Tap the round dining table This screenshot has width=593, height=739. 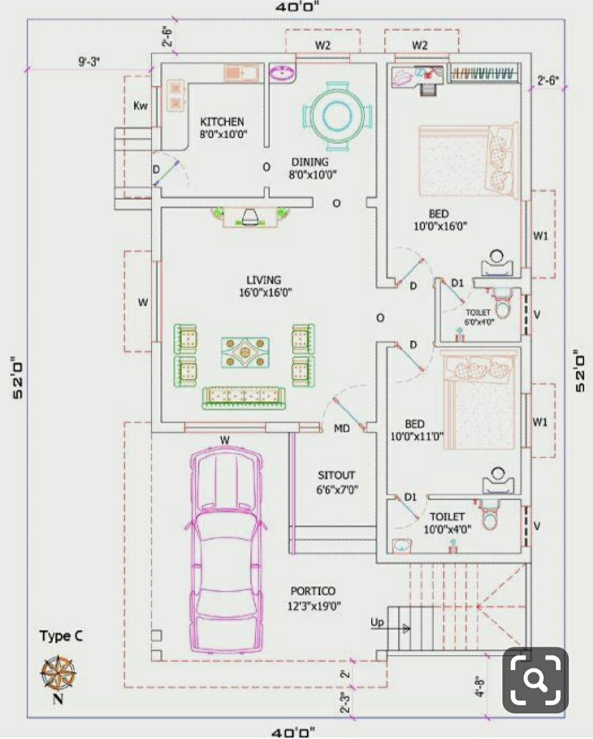click(337, 116)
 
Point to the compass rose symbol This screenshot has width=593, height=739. click(58, 674)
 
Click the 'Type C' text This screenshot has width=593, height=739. click(61, 636)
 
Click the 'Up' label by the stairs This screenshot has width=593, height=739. click(377, 622)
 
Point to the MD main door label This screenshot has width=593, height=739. click(342, 428)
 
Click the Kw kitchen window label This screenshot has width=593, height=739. click(141, 105)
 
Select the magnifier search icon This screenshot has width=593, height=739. click(535, 680)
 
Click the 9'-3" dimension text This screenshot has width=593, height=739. click(89, 62)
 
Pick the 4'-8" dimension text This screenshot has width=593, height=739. click(480, 686)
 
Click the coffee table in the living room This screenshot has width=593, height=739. click(245, 352)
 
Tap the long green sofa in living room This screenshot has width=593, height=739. click(244, 399)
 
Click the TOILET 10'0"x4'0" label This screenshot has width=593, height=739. click(447, 523)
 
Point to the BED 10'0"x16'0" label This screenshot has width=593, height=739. click(440, 220)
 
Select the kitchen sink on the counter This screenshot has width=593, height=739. click(240, 73)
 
